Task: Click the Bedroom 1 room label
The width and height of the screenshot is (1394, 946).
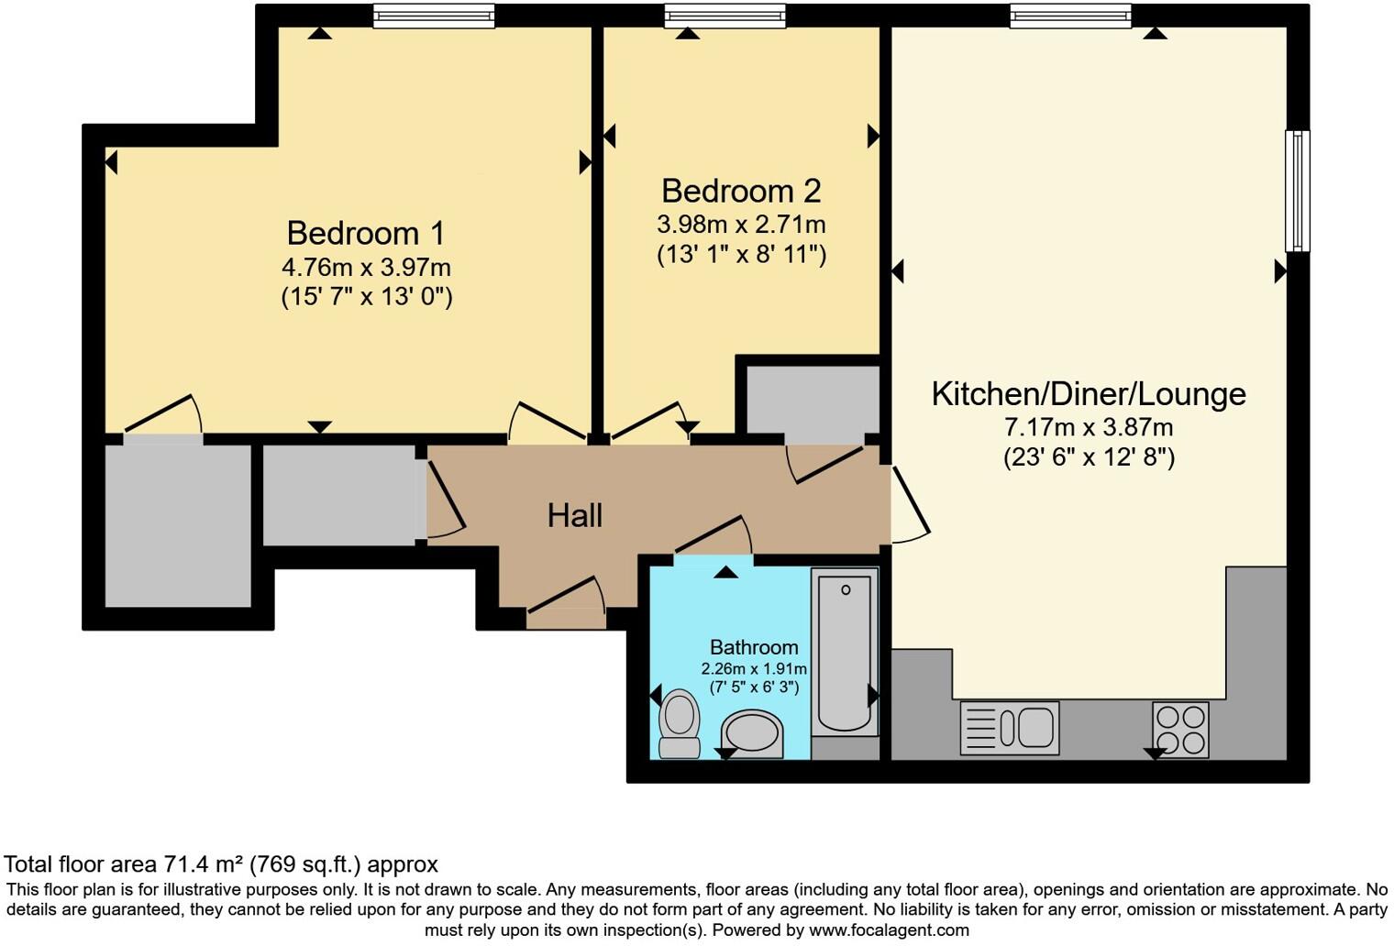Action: click(x=365, y=233)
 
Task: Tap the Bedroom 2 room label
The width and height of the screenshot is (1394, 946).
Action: click(x=741, y=191)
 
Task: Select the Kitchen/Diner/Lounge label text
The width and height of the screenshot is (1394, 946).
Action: click(x=1089, y=393)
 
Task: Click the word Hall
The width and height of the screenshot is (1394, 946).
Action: click(x=574, y=515)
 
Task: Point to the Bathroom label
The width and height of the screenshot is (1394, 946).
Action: click(x=754, y=647)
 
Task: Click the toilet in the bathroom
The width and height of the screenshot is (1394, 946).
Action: click(x=680, y=724)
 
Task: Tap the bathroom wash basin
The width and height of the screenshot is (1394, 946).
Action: click(x=752, y=733)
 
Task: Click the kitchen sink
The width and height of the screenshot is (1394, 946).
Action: click(x=1009, y=729)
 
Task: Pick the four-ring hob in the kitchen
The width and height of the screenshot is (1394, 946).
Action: click(x=1180, y=730)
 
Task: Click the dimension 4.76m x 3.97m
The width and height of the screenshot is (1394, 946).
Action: click(x=366, y=268)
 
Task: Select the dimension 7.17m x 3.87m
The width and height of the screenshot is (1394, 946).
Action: click(x=1089, y=427)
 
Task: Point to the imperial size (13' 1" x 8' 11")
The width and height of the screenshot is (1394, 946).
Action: click(x=741, y=254)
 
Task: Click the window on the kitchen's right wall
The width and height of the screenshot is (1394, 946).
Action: click(x=1297, y=191)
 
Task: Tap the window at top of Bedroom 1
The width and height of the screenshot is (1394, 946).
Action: click(x=434, y=16)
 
